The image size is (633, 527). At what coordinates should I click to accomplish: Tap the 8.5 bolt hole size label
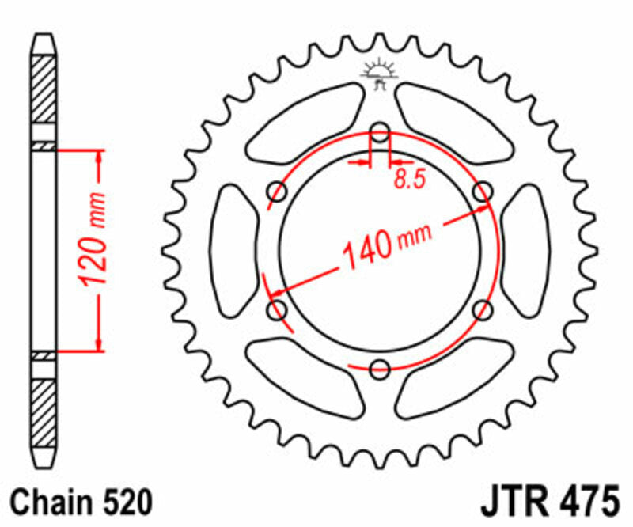409,179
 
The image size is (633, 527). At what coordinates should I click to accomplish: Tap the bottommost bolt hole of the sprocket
380,368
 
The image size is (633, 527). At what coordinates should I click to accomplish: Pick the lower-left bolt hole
278,309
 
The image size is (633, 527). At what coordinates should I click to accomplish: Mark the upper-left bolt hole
278,191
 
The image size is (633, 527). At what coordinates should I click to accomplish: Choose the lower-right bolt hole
482,309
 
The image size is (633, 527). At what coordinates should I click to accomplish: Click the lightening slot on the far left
232,250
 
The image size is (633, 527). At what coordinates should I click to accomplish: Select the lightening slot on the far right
527,250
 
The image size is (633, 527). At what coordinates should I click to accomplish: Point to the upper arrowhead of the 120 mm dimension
99,156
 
